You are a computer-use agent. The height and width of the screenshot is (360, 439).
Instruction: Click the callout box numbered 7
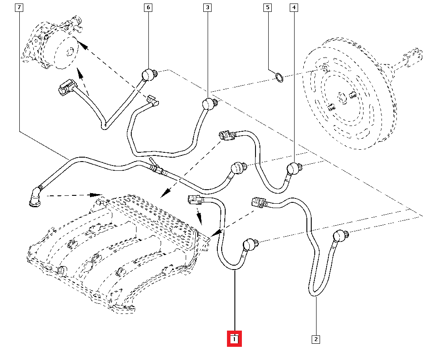point(19,7)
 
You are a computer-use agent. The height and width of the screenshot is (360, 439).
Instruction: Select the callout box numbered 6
point(148,7)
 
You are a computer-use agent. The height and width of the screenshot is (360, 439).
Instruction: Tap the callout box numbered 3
point(208,7)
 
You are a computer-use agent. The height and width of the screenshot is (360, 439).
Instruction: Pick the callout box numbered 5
point(268,7)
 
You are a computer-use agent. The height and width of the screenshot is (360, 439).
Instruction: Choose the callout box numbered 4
point(294,7)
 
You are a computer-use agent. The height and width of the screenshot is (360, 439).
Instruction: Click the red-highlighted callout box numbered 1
point(234,339)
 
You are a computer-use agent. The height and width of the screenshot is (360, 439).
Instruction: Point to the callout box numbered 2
point(316,339)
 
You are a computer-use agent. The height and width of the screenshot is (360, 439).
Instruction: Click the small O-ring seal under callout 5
point(279,78)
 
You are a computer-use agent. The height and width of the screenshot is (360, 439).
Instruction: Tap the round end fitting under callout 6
point(149,75)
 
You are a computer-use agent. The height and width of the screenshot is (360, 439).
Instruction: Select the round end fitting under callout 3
point(209,104)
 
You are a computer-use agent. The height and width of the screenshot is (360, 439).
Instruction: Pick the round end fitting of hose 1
point(250,244)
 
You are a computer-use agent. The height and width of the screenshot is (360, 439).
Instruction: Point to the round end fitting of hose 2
point(341,236)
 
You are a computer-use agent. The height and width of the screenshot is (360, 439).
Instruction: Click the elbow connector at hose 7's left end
point(35,197)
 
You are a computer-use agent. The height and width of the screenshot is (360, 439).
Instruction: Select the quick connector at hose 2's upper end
point(259,202)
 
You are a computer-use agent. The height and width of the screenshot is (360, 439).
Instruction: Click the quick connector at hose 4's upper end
point(227,135)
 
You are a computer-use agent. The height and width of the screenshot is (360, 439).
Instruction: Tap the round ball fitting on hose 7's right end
point(238,168)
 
